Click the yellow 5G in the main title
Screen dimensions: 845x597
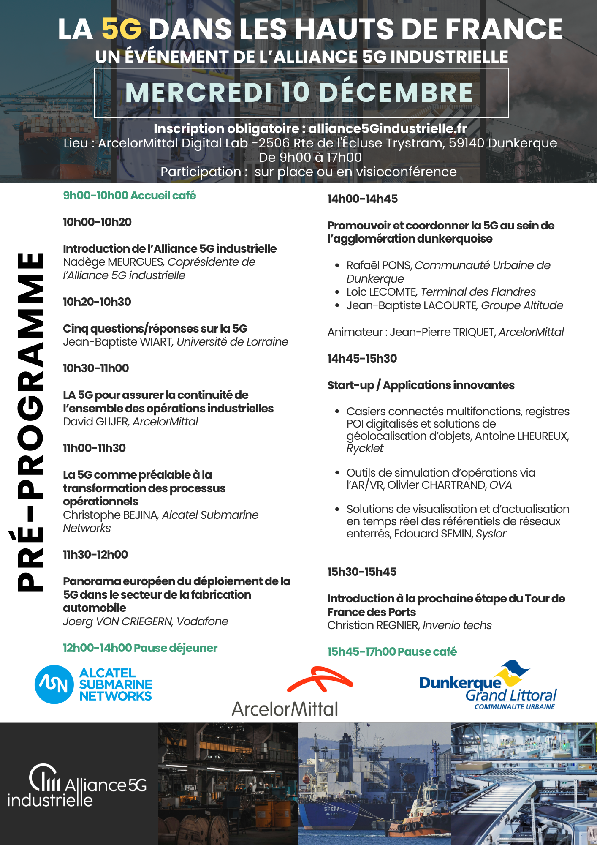click(121, 29)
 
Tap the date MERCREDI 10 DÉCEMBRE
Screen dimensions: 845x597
click(299, 93)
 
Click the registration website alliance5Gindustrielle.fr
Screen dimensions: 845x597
click(387, 128)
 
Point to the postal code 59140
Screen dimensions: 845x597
click(466, 143)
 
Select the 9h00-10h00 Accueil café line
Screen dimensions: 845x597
click(129, 196)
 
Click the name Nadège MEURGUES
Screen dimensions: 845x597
click(113, 262)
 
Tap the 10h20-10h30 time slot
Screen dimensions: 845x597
click(97, 302)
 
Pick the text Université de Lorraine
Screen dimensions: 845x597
click(232, 342)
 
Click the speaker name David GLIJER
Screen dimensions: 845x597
click(95, 422)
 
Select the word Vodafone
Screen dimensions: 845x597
click(202, 621)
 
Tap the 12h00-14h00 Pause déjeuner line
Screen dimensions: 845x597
click(140, 648)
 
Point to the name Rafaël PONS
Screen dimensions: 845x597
click(379, 265)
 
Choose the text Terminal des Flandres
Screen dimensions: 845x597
click(478, 292)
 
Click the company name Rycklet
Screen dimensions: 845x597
click(365, 448)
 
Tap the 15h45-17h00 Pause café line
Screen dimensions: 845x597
click(392, 652)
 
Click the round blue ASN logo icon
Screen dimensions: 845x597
click(54, 684)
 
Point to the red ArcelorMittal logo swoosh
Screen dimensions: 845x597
click(320, 679)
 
